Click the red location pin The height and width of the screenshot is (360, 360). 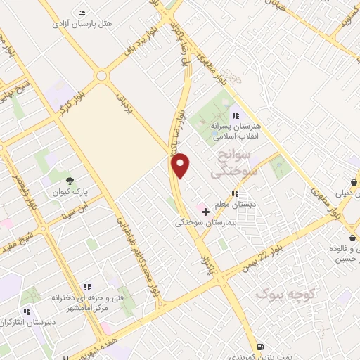(181, 166)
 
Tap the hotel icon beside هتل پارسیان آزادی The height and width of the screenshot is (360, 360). (82, 13)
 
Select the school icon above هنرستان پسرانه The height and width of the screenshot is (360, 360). (236, 115)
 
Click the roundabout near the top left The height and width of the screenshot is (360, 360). (102, 75)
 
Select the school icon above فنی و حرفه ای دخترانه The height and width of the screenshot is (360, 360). (88, 287)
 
